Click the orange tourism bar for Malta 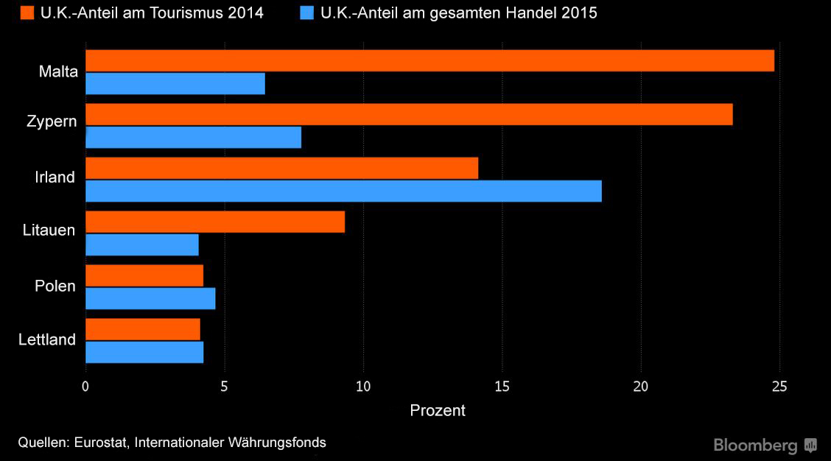[429, 60]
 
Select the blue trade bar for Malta [175, 84]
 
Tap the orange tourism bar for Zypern [409, 114]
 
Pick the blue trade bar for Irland [343, 191]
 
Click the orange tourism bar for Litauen [215, 222]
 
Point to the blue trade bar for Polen [150, 298]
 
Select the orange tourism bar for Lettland [143, 329]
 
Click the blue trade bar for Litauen [142, 244]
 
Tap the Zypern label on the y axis [49, 121]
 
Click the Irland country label [55, 177]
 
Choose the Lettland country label [47, 339]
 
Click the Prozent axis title [438, 410]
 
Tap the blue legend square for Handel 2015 [306, 13]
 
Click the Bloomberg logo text [756, 446]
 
